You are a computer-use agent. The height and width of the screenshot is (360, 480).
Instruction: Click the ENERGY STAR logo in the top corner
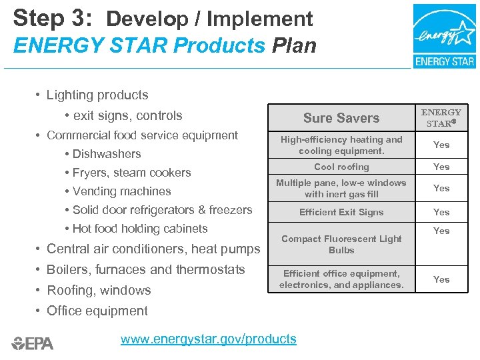click(x=444, y=36)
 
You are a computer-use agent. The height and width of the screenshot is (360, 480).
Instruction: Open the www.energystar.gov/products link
click(x=208, y=339)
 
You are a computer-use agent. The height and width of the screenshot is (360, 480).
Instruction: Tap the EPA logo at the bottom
click(x=33, y=343)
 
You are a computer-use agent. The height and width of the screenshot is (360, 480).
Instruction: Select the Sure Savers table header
click(x=341, y=118)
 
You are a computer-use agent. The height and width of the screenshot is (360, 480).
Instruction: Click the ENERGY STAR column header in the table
click(x=441, y=117)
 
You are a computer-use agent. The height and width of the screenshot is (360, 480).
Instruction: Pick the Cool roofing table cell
click(x=341, y=167)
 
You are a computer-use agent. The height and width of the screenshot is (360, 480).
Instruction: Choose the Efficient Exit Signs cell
click(x=341, y=212)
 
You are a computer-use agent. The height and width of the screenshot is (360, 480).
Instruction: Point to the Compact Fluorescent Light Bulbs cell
click(x=341, y=244)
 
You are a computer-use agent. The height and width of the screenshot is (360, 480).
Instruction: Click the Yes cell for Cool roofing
click(x=441, y=167)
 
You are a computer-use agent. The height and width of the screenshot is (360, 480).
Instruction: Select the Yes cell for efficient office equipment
click(x=441, y=279)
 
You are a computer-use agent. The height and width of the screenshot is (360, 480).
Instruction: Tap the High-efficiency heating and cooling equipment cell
click(x=341, y=145)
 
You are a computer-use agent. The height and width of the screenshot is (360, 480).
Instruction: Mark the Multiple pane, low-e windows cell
click(x=341, y=188)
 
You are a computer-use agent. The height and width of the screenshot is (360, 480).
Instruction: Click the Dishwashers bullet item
click(x=107, y=154)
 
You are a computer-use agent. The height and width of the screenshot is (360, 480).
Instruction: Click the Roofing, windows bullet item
click(x=99, y=290)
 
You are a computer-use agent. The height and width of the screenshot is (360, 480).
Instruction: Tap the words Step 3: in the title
click(x=54, y=18)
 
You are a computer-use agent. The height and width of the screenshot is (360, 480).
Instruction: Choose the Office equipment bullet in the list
click(x=97, y=311)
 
